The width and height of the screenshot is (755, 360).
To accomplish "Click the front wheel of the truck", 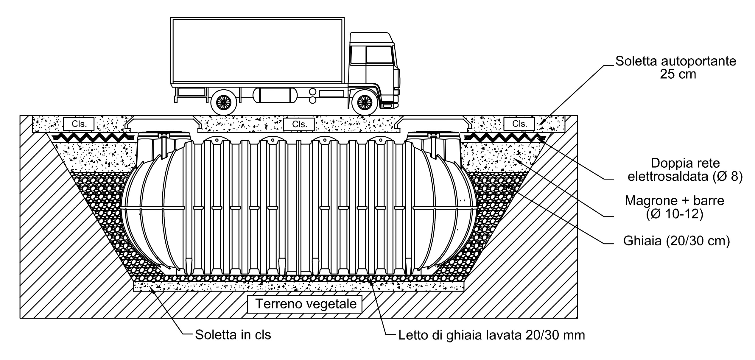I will pos(365,102).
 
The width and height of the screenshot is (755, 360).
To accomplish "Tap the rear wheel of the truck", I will pos(224,102).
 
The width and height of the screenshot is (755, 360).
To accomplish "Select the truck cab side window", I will pos(379,55).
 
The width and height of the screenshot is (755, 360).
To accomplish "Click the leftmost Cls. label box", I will pos(79,124).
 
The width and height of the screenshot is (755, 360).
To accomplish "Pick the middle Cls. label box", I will pos(299,124).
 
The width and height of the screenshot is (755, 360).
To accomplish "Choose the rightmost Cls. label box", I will pos(519,124).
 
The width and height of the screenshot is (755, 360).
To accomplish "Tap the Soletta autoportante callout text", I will pos(675,61).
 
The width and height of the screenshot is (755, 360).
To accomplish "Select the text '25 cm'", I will pos(678,74).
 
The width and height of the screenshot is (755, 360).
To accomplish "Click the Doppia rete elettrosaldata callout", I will pos(685,170).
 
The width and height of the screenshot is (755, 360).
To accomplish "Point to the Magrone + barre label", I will pos(674,201).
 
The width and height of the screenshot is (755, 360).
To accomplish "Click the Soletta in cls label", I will pos(233,335).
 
